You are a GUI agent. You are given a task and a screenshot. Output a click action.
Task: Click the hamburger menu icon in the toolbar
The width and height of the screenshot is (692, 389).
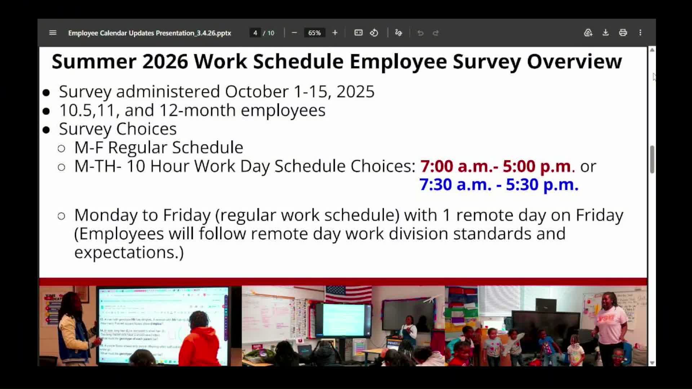(x=53, y=33)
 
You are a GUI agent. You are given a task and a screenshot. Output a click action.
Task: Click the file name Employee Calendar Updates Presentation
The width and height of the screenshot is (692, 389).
(x=149, y=33)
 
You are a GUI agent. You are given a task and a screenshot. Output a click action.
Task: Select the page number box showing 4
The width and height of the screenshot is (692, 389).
(x=255, y=33)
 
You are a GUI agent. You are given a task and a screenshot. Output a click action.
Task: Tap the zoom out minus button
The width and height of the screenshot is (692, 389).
(x=294, y=33)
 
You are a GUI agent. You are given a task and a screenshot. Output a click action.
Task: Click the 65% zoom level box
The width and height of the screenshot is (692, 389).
(x=314, y=33)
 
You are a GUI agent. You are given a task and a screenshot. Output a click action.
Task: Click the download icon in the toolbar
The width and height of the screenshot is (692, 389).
(x=605, y=33)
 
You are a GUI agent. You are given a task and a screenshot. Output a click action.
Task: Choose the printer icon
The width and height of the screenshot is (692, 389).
(x=623, y=33)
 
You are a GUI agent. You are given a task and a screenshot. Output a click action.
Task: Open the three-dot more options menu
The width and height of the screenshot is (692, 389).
(x=640, y=33)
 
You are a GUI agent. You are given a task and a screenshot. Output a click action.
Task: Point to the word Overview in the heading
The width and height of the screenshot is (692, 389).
(x=574, y=62)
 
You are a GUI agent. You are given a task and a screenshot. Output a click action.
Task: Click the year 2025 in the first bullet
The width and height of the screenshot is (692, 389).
(x=355, y=91)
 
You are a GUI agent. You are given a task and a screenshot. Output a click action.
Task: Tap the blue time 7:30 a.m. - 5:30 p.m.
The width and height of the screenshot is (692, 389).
(x=499, y=185)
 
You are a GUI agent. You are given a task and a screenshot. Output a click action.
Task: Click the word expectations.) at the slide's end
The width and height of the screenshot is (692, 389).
(x=129, y=252)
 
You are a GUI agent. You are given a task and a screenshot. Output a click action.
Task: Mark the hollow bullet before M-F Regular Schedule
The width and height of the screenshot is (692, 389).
(x=61, y=148)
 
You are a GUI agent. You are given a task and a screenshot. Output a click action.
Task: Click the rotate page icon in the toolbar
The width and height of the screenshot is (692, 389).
(x=374, y=33)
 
